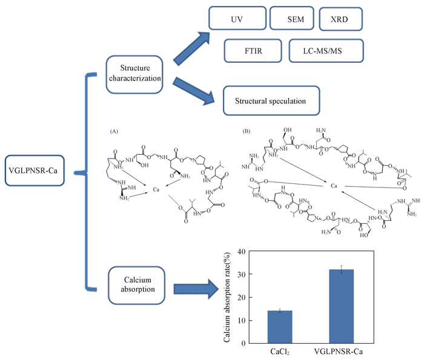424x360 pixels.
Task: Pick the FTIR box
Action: (x=253, y=51)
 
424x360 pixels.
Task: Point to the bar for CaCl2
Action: (x=280, y=327)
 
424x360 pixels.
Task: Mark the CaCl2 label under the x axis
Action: (x=280, y=352)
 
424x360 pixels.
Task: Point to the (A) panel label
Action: (x=114, y=131)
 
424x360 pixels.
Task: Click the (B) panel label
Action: (x=245, y=131)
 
